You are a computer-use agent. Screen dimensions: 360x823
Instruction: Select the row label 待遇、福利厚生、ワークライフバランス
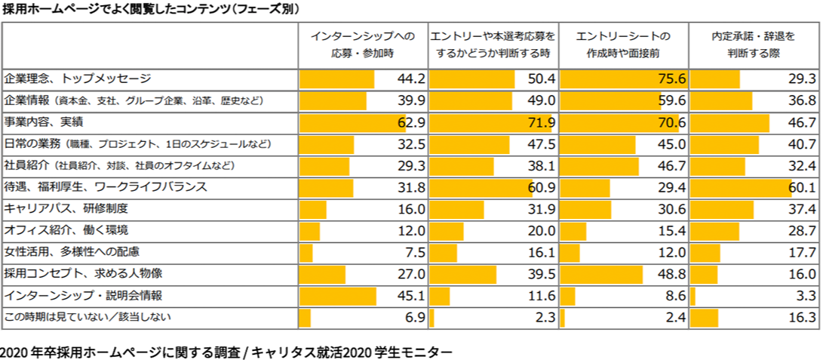pos(106,186)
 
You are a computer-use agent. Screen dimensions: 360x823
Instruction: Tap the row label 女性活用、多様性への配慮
pos(72,252)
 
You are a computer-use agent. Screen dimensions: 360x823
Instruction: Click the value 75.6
pos(671,79)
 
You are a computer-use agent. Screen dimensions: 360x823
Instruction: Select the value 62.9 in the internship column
pos(411,122)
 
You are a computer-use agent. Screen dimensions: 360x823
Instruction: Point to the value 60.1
pos(801,187)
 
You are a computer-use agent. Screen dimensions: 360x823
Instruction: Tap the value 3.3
pos(806,296)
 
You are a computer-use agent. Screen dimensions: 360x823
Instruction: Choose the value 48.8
pos(671,274)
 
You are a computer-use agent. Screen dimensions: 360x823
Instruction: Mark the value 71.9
pos(541,122)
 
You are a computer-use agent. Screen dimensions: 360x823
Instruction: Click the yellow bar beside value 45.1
pos(337,296)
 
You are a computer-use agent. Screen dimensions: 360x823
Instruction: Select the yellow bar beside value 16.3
pos(704,318)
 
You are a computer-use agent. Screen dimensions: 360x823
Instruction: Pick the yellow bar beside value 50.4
pos(472,79)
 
